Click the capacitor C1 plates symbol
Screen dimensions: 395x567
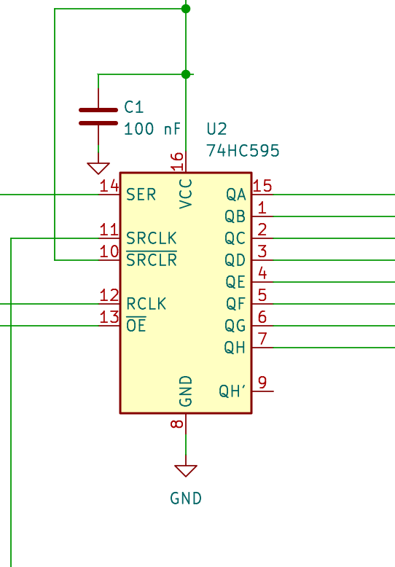(98, 117)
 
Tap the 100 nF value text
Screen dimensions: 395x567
(152, 129)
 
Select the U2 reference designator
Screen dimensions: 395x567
(216, 129)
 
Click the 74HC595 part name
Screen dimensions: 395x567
(243, 151)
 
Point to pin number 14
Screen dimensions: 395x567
(109, 186)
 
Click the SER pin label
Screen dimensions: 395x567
(141, 195)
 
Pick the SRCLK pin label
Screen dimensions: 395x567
(152, 238)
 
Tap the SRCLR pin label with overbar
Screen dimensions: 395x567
(152, 259)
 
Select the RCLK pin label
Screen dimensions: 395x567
(146, 304)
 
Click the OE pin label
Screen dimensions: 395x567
(136, 325)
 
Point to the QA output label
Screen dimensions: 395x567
(236, 195)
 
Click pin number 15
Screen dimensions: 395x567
(262, 186)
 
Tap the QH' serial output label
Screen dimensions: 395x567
(232, 391)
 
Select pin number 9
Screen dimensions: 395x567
(262, 382)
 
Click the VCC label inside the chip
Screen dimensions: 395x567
(186, 194)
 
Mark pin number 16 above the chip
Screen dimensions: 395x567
(177, 161)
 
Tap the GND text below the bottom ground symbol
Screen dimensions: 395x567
(186, 498)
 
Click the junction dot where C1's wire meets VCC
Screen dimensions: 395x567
(186, 74)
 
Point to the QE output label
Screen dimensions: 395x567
(235, 282)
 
